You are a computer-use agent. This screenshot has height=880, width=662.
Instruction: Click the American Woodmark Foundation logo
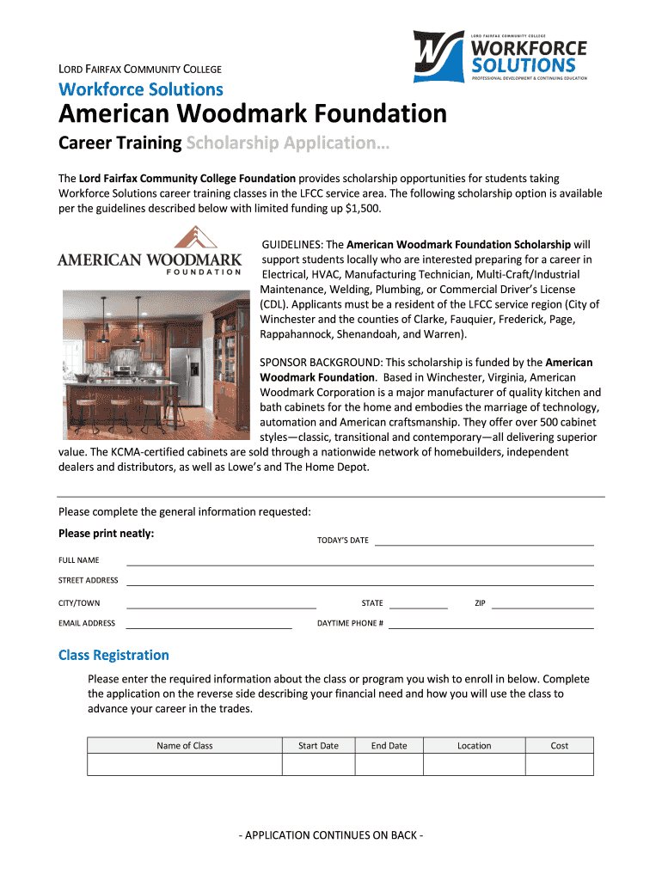tap(150, 252)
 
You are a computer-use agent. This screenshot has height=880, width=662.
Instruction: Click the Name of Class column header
tap(185, 746)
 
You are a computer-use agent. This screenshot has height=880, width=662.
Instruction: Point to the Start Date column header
tap(318, 746)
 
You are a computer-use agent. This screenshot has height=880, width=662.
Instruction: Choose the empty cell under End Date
tap(389, 765)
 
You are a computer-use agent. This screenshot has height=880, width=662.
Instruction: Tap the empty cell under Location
tap(474, 765)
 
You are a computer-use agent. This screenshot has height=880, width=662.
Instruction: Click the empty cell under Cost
tap(560, 765)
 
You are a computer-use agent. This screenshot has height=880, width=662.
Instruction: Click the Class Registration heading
tap(113, 656)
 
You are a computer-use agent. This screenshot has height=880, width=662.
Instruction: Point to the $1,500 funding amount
tap(365, 209)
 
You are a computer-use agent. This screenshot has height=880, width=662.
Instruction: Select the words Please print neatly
tap(107, 534)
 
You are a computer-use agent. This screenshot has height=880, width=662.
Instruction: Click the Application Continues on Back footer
tap(331, 835)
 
